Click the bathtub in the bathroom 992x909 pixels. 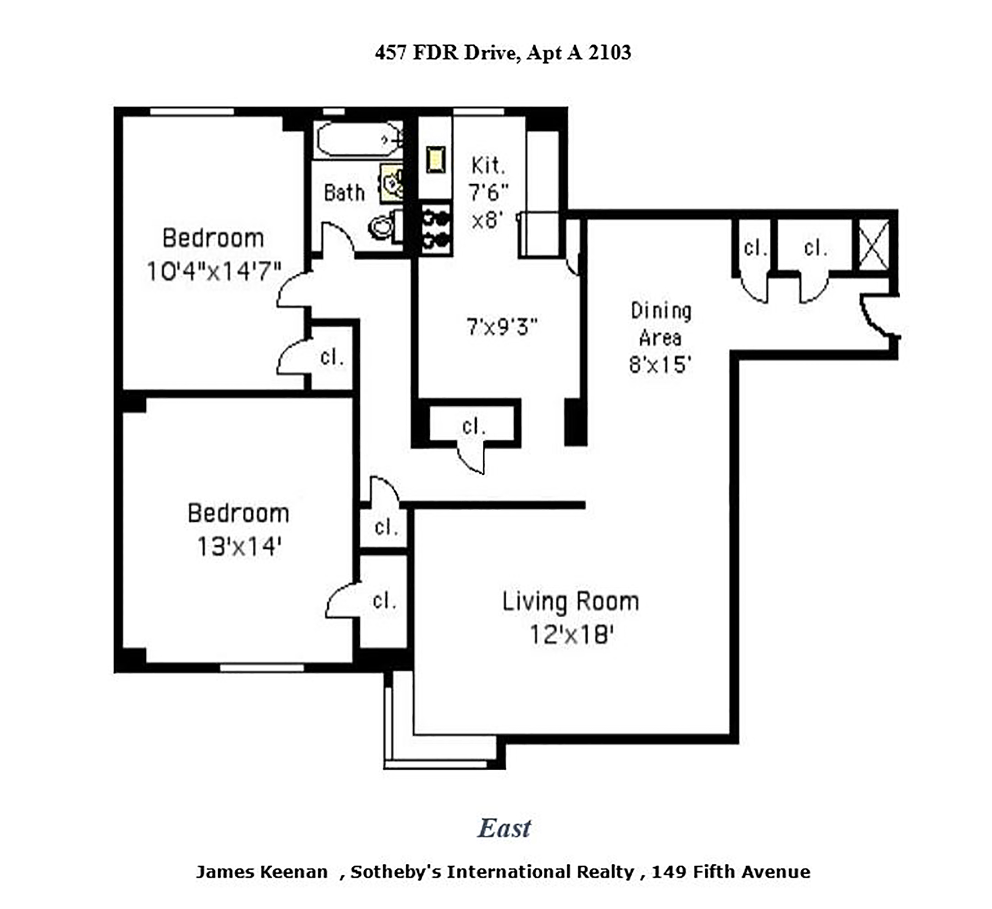click(359, 139)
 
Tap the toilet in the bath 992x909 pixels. click(385, 226)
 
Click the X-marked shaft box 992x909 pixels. click(874, 245)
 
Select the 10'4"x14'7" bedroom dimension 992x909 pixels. click(214, 272)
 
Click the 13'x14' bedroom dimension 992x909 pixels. click(239, 547)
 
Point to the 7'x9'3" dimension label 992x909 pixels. click(502, 327)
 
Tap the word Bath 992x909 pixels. click(344, 193)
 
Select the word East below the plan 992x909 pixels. click(504, 828)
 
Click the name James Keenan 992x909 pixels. click(262, 872)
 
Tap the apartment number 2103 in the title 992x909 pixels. click(610, 52)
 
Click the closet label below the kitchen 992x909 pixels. click(474, 426)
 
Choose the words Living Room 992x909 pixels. click(570, 602)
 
